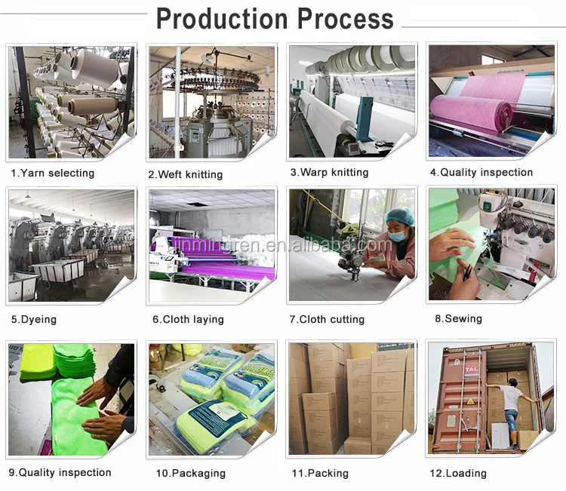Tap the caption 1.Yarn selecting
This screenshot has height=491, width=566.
(52, 173)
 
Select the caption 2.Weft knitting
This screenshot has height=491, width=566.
(185, 174)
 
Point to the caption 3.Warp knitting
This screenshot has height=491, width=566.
(329, 172)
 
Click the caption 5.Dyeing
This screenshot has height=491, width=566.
(33, 319)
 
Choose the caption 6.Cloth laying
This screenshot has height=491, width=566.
(188, 319)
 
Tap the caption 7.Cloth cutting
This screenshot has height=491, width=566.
(328, 319)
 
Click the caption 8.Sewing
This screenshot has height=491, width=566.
(458, 318)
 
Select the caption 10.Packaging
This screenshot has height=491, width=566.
(190, 473)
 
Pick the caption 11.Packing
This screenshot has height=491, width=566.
(319, 473)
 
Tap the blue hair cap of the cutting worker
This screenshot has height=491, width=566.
(399, 218)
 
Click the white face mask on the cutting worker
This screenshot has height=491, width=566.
(398, 235)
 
